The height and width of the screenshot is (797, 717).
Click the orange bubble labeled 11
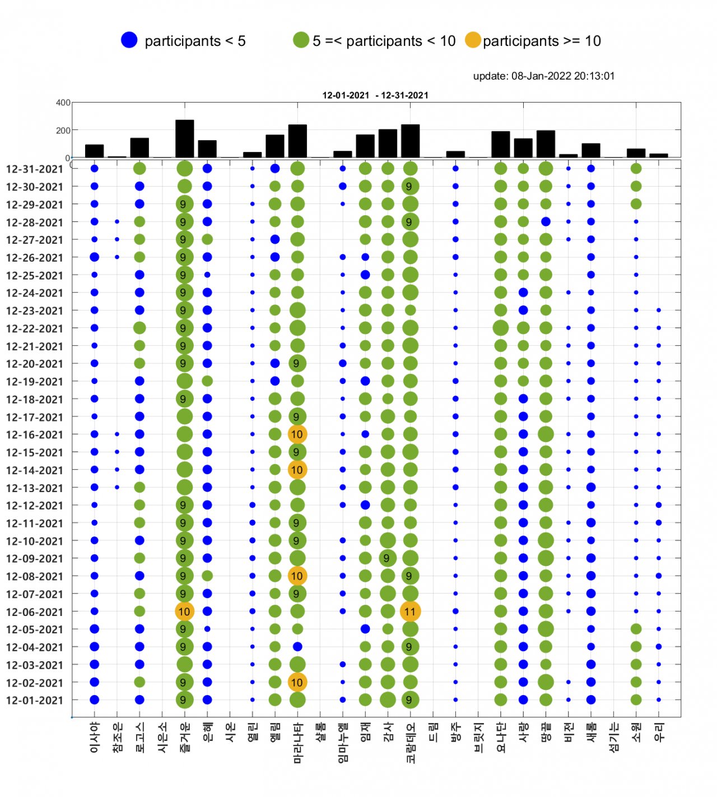[410, 611]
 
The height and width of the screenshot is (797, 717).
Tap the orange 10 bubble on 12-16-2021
[297, 434]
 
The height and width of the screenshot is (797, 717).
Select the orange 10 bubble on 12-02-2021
[297, 682]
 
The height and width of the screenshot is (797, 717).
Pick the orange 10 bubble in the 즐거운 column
[184, 611]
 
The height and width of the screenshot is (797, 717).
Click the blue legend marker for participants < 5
[129, 40]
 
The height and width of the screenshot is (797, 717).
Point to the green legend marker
[301, 40]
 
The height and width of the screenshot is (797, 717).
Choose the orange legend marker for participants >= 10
[473, 40]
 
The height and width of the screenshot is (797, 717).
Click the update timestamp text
[543, 76]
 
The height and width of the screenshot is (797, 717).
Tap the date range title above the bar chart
[375, 95]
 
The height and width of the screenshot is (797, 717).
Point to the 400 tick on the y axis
[63, 103]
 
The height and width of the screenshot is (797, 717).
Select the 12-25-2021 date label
[35, 275]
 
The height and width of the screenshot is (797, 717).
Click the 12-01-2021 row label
[35, 700]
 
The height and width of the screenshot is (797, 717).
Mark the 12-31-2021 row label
[35, 169]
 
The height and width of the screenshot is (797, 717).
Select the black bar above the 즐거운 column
[184, 139]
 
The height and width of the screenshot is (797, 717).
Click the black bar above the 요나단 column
[500, 145]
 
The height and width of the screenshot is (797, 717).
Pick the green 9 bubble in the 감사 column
[387, 558]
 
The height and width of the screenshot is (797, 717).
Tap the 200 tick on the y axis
[63, 131]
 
